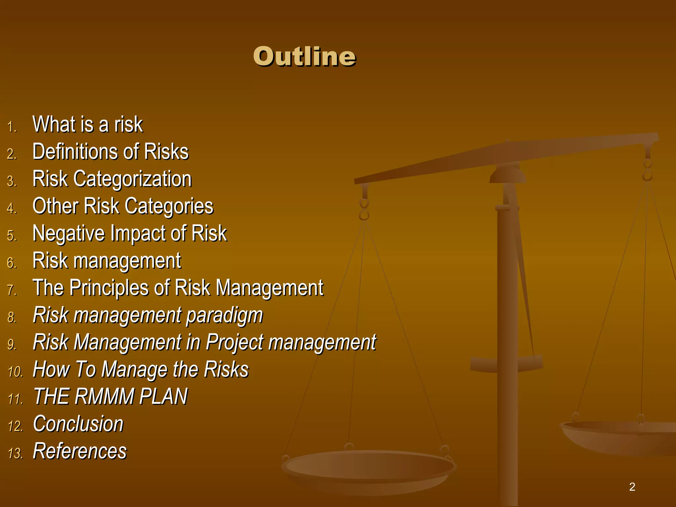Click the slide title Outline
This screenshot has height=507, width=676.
304,57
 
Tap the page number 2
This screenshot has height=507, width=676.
632,487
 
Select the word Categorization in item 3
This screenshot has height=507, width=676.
132,179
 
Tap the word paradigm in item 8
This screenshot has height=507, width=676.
224,316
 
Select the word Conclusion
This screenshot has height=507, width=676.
78,424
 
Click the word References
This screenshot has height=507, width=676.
80,451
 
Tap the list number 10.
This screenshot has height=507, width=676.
15,372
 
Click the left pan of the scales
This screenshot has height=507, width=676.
368,469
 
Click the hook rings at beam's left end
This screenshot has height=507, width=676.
364,210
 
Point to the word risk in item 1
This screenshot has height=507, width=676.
128,125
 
